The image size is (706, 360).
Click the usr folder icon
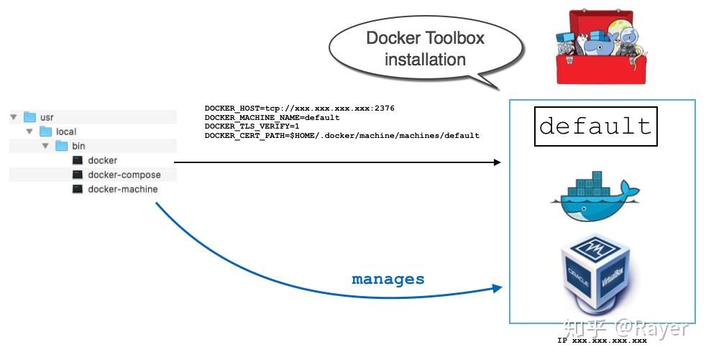[29, 117]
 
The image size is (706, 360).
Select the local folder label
[66, 131]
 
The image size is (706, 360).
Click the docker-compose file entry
[124, 175]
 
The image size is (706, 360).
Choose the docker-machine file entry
[122, 189]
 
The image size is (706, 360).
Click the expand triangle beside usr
[14, 117]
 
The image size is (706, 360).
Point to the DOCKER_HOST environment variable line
[299, 109]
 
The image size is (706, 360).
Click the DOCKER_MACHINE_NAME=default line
[272, 117]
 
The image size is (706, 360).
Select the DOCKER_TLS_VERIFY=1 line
[253, 126]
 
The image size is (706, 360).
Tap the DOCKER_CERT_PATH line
[341, 135]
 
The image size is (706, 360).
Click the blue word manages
[388, 279]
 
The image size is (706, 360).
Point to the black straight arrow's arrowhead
[497, 162]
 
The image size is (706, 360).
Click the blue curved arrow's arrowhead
[497, 288]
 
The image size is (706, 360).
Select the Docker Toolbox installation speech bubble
[425, 49]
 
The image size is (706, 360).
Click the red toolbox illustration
[594, 47]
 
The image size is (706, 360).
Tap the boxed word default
[595, 126]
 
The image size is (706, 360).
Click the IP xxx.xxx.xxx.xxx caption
[602, 341]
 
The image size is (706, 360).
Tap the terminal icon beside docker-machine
[78, 189]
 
